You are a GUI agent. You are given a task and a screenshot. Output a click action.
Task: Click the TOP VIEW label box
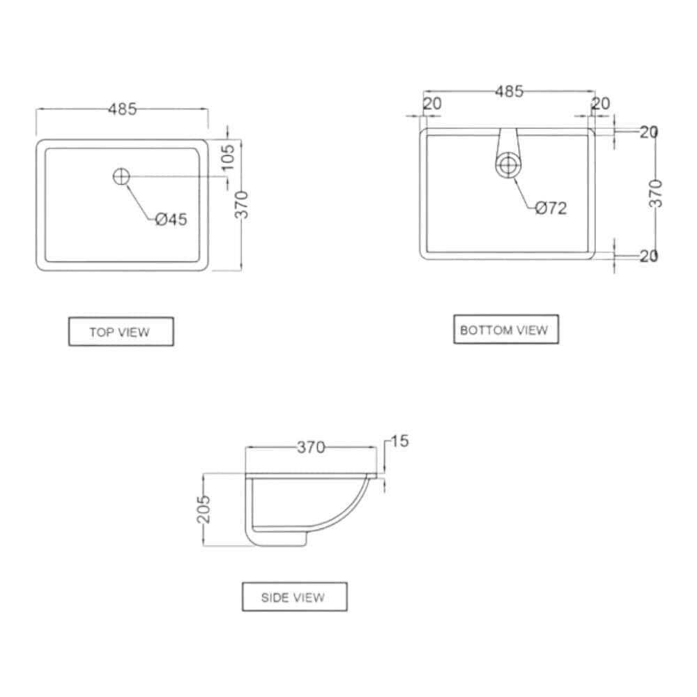[121, 331]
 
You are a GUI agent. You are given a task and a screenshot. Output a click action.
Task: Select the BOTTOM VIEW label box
[506, 330]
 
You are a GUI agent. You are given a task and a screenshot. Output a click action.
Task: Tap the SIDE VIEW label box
[294, 597]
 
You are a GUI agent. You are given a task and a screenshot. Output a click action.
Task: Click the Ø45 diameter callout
[171, 219]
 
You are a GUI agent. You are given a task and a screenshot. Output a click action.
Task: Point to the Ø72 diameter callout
[551, 208]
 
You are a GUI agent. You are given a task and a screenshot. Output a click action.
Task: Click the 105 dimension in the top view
[228, 158]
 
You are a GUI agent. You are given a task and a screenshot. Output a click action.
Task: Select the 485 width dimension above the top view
[122, 109]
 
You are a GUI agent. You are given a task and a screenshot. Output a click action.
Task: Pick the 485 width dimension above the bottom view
[510, 91]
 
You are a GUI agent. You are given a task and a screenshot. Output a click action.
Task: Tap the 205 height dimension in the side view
[204, 509]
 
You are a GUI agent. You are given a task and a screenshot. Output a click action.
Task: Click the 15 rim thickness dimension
[399, 441]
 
